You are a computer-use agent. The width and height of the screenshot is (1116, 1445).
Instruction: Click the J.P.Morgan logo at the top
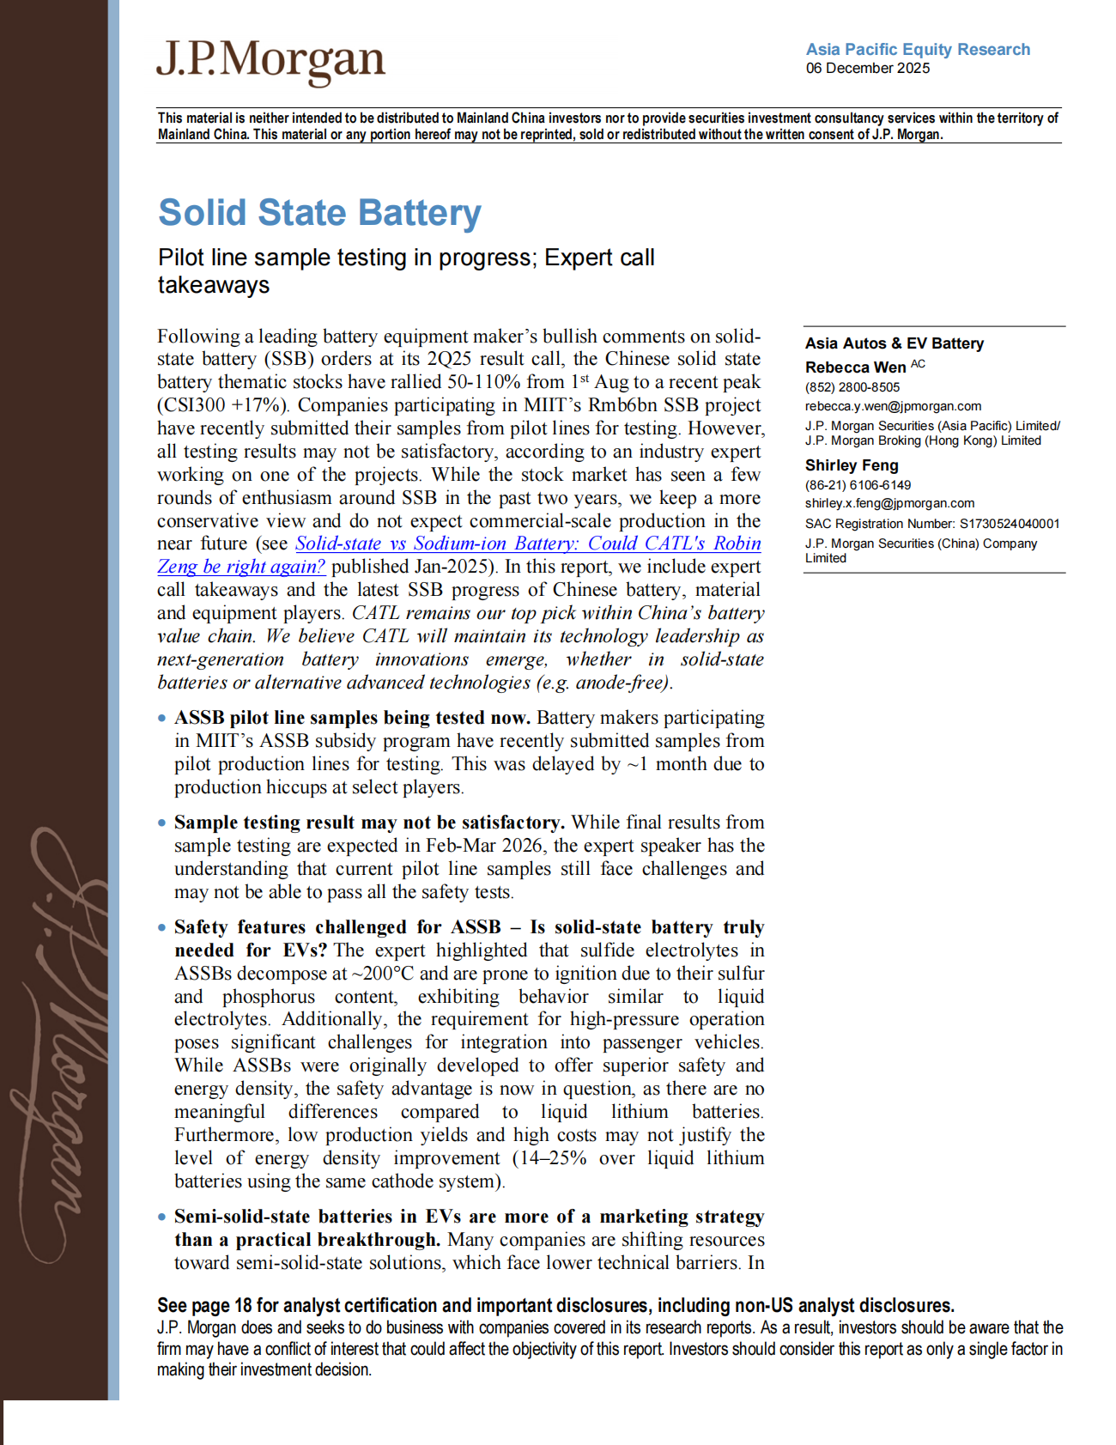[270, 62]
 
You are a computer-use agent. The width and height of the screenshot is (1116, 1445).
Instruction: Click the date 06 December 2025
[867, 69]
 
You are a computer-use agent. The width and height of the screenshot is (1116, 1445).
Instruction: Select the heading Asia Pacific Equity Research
[917, 50]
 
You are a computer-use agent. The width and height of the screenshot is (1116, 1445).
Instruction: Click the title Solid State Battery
[319, 213]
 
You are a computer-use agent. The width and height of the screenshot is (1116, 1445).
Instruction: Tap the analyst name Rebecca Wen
[855, 367]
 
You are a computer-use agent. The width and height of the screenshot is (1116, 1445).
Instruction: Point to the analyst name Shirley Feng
[851, 465]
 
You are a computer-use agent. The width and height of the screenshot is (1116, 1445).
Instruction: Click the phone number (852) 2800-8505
[852, 387]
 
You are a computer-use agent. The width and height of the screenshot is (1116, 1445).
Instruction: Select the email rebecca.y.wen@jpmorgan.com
[893, 406]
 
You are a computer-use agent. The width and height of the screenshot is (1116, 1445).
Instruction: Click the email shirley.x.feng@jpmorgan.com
[889, 503]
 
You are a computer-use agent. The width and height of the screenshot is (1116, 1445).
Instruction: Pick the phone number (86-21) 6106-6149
[858, 485]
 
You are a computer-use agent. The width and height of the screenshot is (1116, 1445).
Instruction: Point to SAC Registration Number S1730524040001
[931, 524]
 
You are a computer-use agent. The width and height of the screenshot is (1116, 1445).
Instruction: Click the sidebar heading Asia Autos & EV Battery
[894, 343]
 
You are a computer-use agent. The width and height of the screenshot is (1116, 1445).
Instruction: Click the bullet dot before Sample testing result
[162, 823]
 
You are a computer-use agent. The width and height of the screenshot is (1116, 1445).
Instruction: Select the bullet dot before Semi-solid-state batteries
[162, 1217]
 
